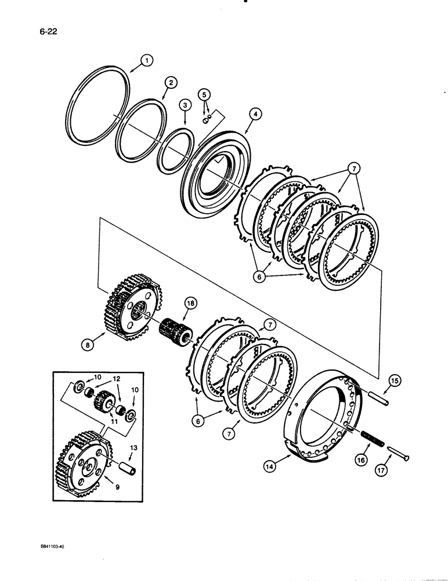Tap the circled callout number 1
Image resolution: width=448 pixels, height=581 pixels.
(x=147, y=60)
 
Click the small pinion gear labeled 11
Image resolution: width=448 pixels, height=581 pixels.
(x=105, y=400)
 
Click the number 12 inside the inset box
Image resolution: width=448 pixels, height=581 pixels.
(x=116, y=378)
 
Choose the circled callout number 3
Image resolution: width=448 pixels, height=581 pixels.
(x=184, y=105)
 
